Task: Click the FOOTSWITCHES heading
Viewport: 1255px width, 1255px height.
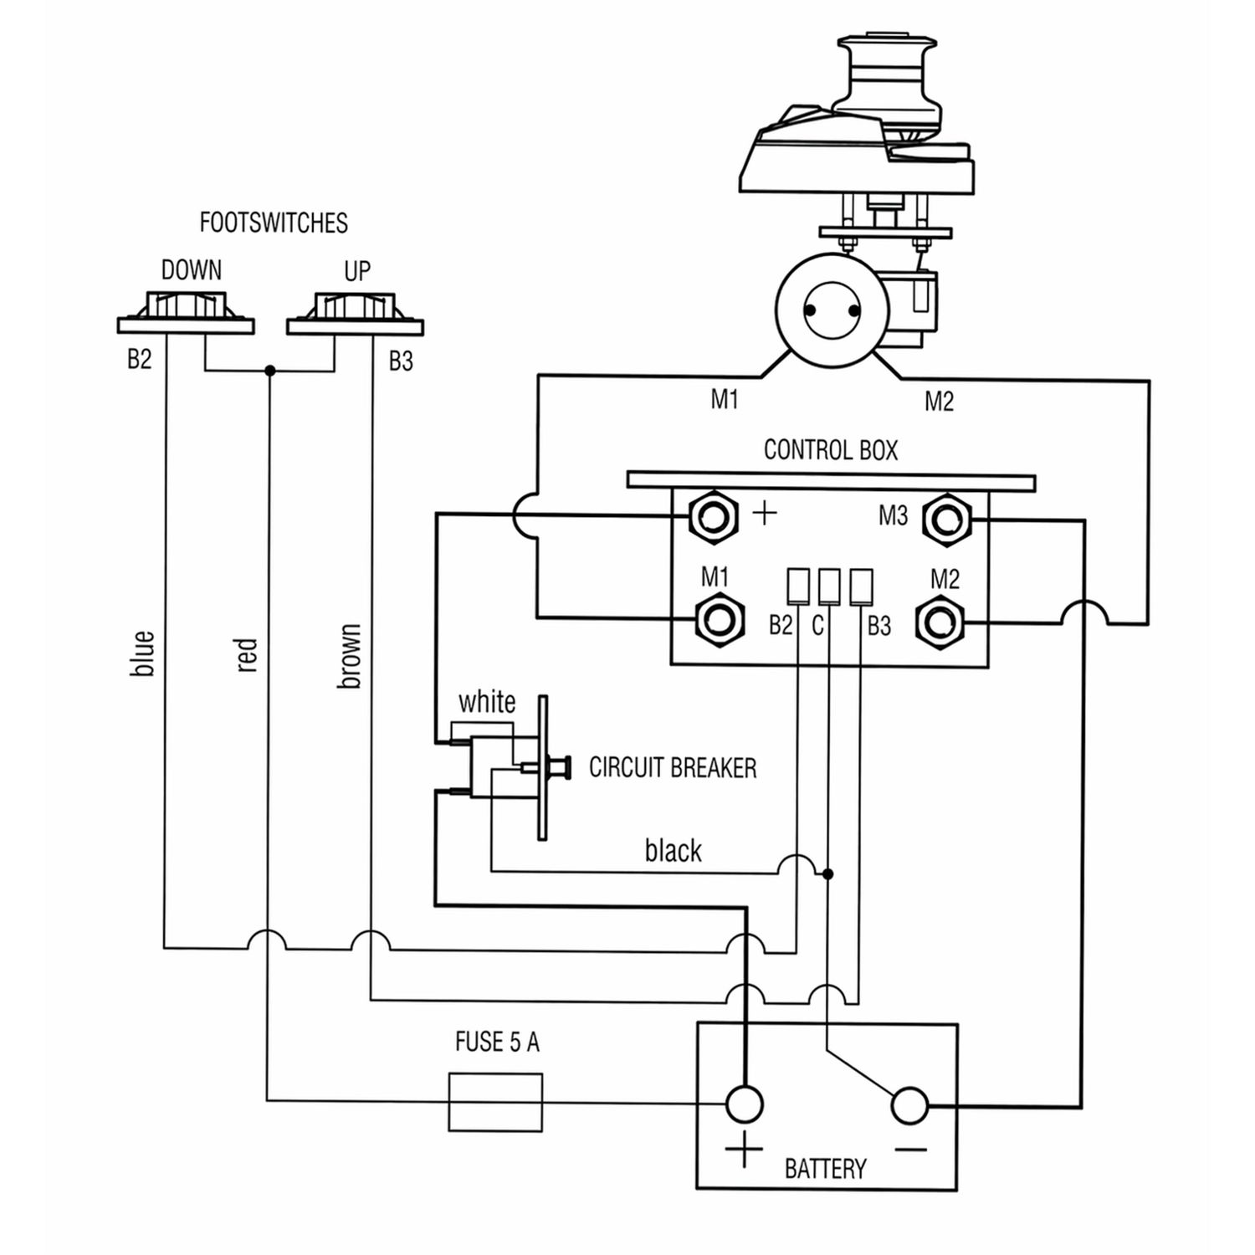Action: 274,223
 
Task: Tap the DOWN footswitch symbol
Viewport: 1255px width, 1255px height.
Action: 186,311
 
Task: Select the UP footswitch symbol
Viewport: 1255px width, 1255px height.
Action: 355,312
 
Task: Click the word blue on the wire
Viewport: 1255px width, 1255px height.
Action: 143,653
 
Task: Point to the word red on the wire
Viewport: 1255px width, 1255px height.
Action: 247,655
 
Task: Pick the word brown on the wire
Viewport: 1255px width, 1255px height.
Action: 349,656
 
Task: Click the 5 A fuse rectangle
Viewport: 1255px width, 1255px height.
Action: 495,1102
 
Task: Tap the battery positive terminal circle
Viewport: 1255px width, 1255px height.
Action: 744,1104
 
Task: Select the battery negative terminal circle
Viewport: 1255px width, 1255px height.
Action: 909,1106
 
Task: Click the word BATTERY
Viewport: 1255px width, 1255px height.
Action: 825,1168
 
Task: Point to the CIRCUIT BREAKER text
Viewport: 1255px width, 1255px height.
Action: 673,767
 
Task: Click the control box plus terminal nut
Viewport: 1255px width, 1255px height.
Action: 713,517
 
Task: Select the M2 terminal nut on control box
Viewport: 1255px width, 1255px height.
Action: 940,622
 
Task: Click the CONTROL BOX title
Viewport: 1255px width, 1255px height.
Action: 830,450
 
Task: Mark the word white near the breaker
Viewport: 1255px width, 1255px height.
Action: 487,701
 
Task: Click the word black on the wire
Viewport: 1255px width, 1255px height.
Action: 673,851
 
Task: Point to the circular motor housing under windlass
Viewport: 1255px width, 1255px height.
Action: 832,310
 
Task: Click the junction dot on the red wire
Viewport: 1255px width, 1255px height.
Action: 269,370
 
